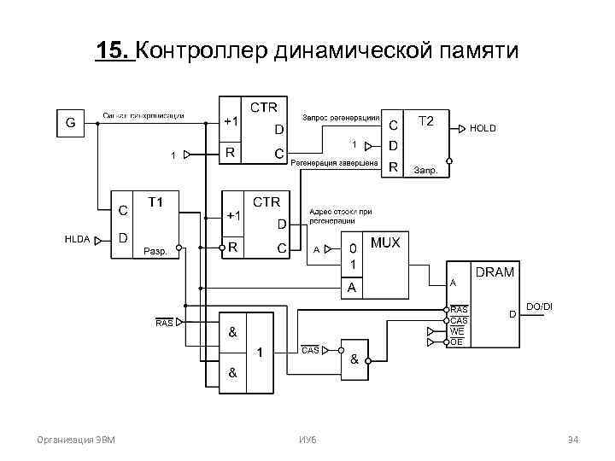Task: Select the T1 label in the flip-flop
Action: [156, 202]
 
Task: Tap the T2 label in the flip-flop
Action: [426, 121]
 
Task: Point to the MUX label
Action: [384, 243]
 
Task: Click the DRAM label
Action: [495, 272]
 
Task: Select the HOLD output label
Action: [483, 128]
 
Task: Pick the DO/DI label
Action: [539, 306]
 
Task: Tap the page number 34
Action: [573, 440]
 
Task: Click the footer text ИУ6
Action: [307, 440]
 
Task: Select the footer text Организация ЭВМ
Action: [78, 440]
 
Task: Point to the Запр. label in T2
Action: [425, 170]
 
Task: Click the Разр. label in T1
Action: [156, 251]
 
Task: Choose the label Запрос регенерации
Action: [341, 117]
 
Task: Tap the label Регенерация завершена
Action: [334, 162]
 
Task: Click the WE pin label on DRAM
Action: [457, 330]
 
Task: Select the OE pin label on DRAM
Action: [457, 341]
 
